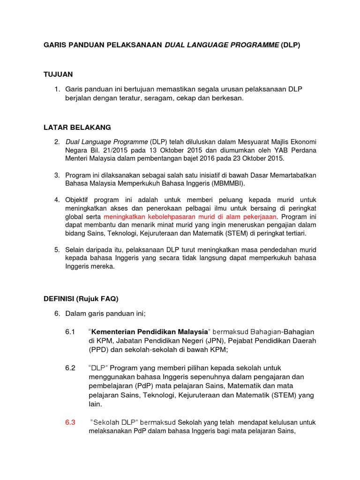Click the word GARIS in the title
[54, 45]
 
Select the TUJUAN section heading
[58, 75]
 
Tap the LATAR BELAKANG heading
[77, 127]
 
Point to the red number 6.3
[70, 422]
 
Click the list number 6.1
[70, 332]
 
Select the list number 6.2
[70, 368]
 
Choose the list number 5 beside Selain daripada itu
[56, 250]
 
